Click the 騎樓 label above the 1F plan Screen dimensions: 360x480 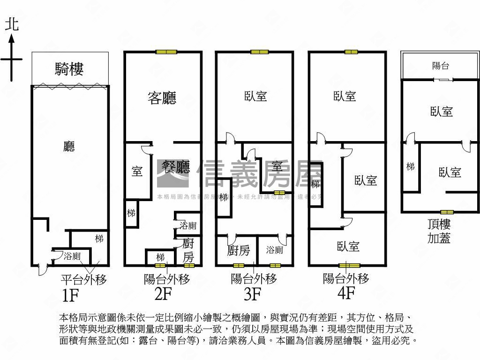[x=69, y=70]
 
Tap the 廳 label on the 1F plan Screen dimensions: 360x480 [x=69, y=147]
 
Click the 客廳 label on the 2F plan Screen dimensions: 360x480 [x=162, y=98]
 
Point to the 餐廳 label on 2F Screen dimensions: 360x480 [x=176, y=166]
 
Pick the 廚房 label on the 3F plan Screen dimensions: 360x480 [x=238, y=251]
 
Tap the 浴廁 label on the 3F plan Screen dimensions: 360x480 [x=274, y=250]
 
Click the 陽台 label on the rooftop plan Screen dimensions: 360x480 [x=440, y=66]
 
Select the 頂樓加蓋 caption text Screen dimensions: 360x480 [x=439, y=231]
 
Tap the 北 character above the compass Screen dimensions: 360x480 [x=12, y=24]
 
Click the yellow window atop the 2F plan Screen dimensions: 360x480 [x=165, y=52]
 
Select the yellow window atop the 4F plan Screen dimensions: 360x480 [x=351, y=52]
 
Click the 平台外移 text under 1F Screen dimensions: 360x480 [x=84, y=280]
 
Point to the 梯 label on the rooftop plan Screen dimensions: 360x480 [x=410, y=166]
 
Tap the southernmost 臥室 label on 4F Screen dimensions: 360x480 [x=348, y=246]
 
